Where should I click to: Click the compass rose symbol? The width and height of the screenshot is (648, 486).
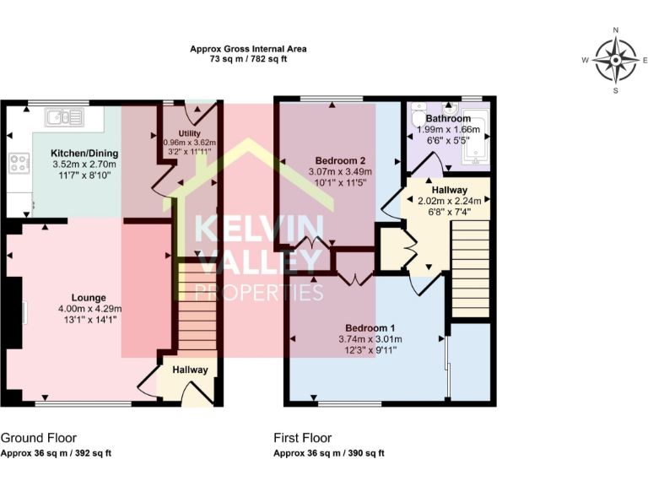click(615, 60)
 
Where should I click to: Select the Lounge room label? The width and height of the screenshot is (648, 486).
click(89, 297)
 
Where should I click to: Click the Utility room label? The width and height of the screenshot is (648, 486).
click(189, 133)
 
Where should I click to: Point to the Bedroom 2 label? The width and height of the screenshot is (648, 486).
click(340, 160)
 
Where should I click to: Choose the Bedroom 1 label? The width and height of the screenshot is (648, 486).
click(370, 327)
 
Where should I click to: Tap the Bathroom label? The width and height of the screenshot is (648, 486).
click(447, 119)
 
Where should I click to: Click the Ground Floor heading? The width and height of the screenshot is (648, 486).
click(39, 438)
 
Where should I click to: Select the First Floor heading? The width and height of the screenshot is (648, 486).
click(302, 438)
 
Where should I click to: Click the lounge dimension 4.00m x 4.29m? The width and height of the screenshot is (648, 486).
click(89, 309)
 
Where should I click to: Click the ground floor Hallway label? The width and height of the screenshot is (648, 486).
click(190, 370)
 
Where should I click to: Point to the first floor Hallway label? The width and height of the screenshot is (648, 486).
click(448, 190)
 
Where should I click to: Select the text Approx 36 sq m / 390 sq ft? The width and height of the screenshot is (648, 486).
click(329, 453)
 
